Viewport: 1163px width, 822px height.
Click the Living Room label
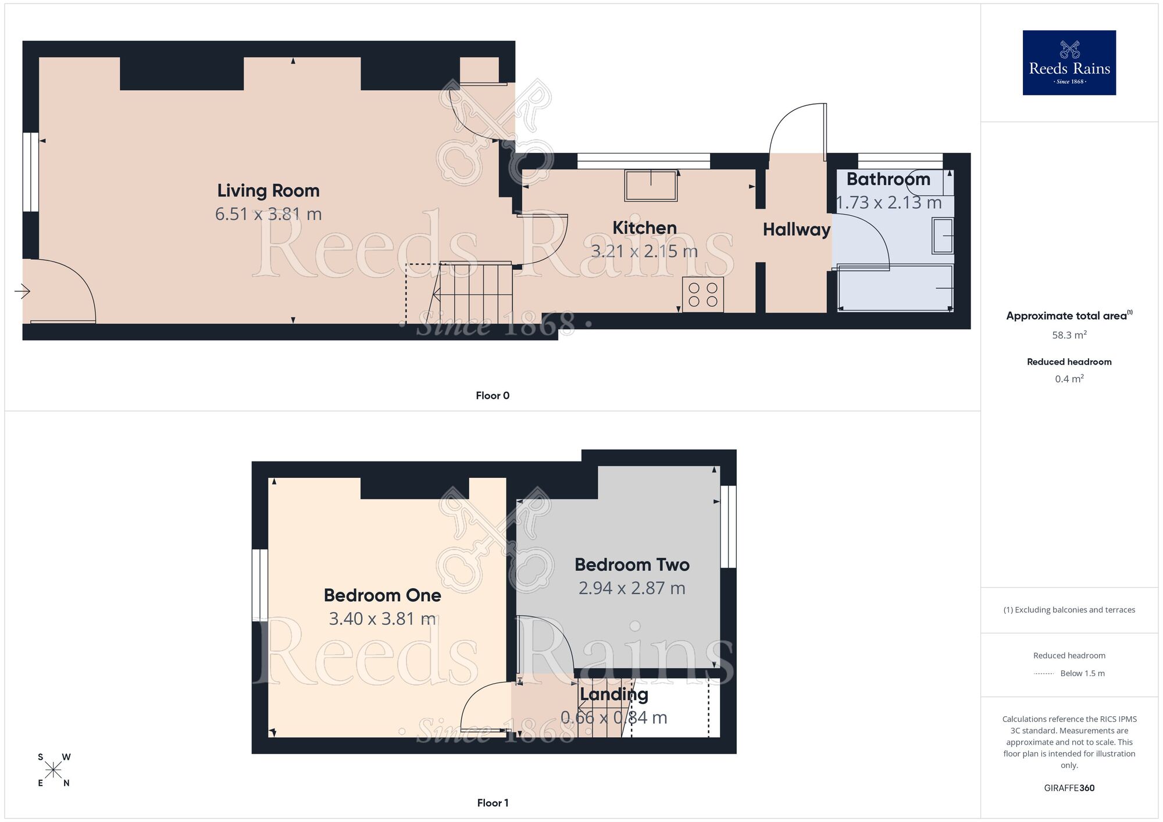[268, 191]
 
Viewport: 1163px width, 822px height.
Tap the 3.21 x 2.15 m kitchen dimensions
[644, 251]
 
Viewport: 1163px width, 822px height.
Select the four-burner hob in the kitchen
[702, 295]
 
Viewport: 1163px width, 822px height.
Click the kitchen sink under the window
[651, 185]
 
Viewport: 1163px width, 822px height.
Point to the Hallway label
[796, 230]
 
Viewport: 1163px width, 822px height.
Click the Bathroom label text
[888, 179]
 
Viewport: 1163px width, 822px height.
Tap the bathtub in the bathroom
[894, 288]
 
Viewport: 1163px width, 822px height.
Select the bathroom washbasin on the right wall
[943, 235]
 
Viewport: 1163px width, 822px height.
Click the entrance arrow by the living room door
[22, 291]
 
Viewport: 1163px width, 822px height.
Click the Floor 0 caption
[492, 396]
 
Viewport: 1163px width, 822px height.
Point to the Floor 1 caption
[492, 803]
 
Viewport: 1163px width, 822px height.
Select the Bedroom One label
[382, 595]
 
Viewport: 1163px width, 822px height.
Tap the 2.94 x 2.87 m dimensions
[632, 588]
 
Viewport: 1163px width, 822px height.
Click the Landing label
[613, 694]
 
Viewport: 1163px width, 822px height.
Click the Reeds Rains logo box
[1069, 63]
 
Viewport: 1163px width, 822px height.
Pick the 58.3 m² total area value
[1069, 335]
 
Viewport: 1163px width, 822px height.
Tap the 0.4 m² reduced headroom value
[1069, 379]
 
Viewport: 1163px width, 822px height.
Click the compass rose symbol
[53, 770]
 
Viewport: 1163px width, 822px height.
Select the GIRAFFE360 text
[1069, 788]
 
